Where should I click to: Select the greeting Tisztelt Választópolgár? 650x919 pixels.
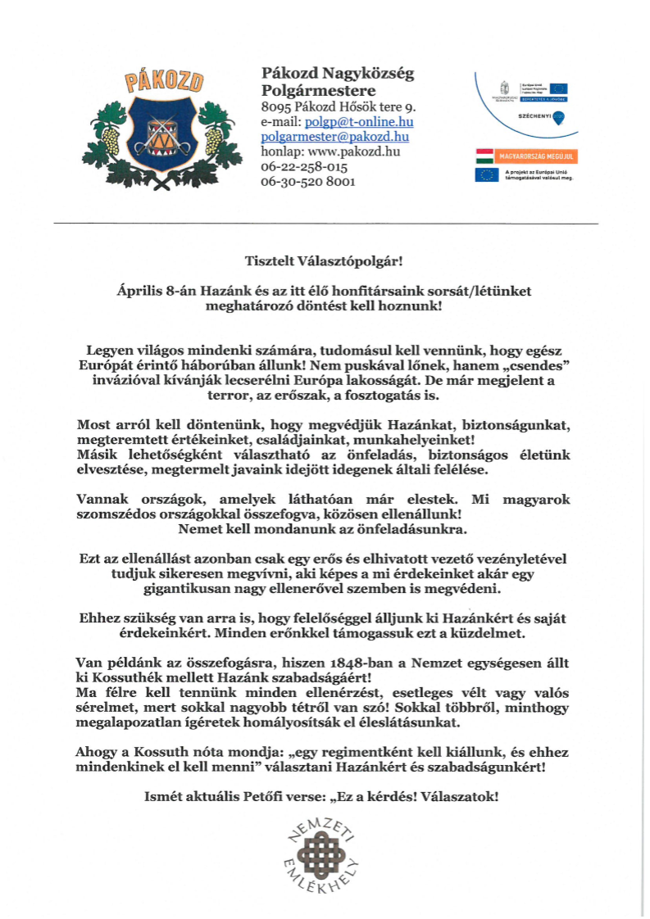[325, 261]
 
